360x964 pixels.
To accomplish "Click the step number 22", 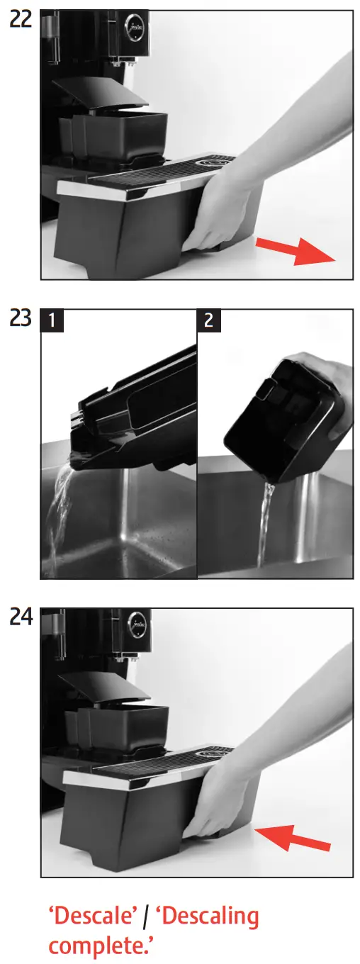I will click(x=20, y=21).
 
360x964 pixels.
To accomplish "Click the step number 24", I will click(x=20, y=618).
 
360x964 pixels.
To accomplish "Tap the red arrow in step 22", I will click(x=295, y=252).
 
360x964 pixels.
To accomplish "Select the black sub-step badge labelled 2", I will click(x=209, y=321).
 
